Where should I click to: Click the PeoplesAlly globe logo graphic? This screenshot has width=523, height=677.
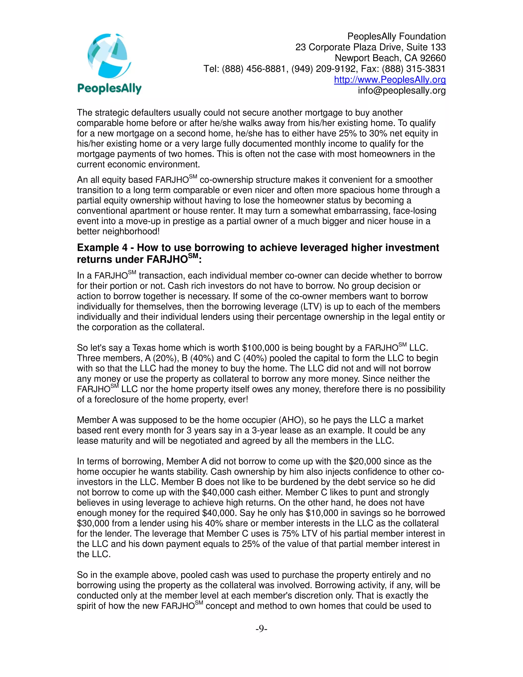pyautogui.click(x=109, y=56)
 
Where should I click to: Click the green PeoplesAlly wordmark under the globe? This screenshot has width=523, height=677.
pyautogui.click(x=109, y=89)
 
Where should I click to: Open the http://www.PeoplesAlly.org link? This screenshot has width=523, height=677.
pyautogui.click(x=390, y=80)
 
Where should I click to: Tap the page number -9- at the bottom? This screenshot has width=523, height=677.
pyautogui.click(x=261, y=629)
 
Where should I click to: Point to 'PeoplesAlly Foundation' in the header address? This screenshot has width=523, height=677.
pyautogui.click(x=396, y=36)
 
